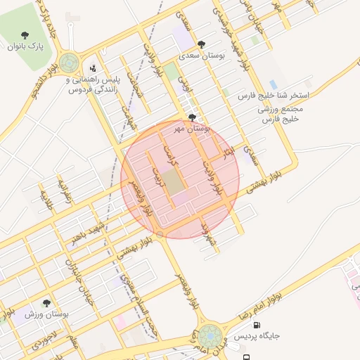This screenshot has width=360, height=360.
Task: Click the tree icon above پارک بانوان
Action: pos(26,35)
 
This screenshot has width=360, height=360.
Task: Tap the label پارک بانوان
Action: pos(26,46)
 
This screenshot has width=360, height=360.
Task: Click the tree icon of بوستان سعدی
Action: pos(202,44)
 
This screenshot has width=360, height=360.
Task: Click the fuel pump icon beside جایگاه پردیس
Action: pos(256,326)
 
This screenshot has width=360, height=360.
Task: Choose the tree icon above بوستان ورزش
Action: pos(46,303)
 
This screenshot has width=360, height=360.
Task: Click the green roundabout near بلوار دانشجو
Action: pos(69,63)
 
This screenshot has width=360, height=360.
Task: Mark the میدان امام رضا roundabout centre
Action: pos(209,335)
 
